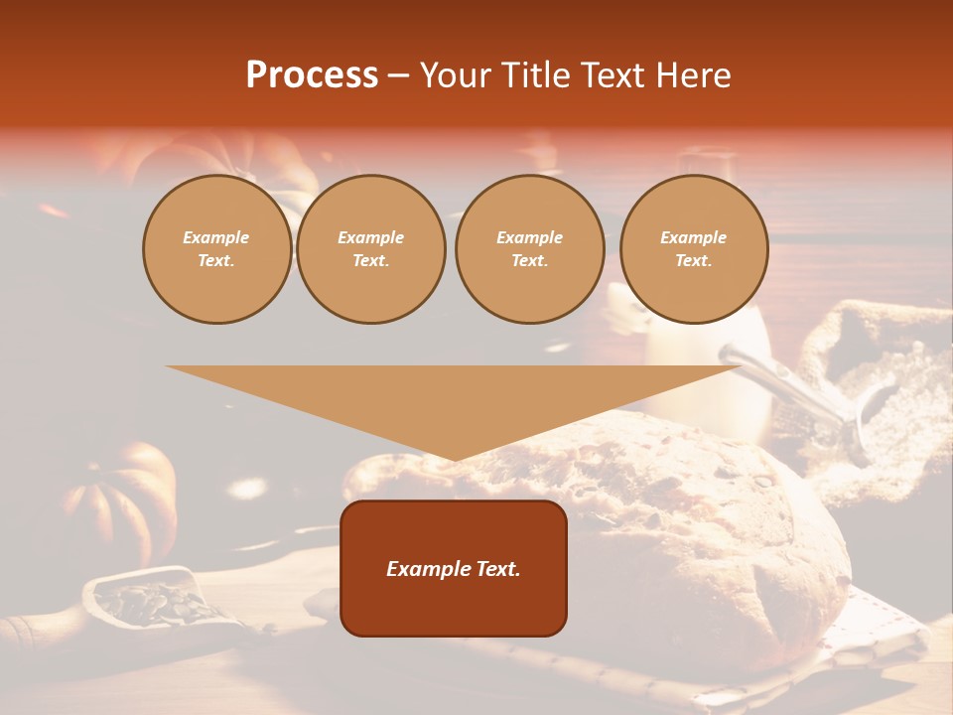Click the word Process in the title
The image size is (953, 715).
tap(312, 75)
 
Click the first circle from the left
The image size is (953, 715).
tap(216, 249)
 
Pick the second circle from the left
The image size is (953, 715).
tap(371, 249)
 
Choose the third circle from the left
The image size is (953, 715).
tap(529, 249)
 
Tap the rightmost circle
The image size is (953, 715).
tap(694, 249)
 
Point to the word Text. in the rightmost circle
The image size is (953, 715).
tap(694, 261)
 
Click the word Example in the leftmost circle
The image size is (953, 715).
tap(216, 238)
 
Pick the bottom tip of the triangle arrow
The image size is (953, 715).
tap(455, 458)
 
